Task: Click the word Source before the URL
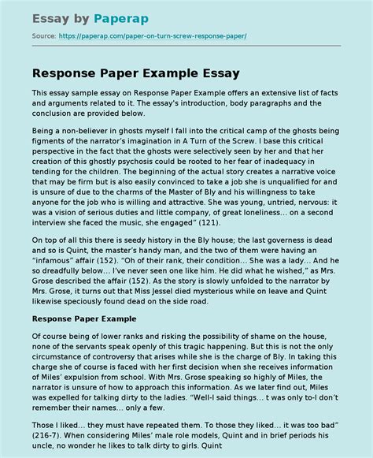[x=43, y=37]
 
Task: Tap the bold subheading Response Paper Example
[x=84, y=319]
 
